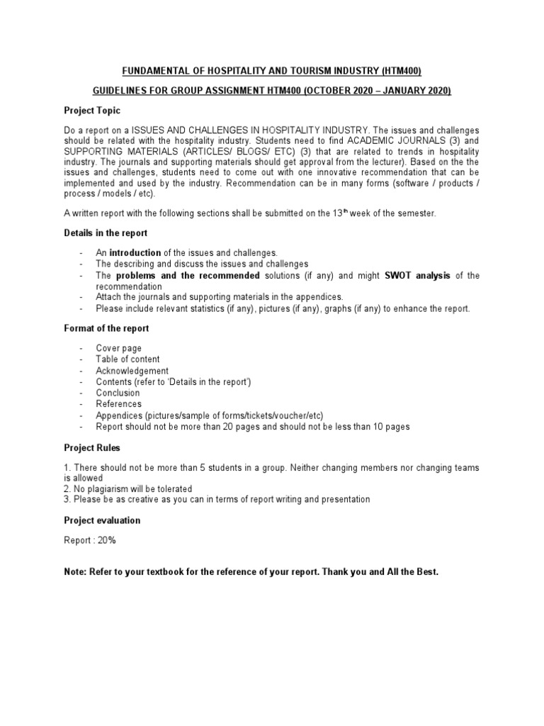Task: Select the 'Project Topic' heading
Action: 92,111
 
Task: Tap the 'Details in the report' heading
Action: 106,233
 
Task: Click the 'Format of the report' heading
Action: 106,329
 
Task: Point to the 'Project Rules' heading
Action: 92,447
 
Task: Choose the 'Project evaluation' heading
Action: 102,520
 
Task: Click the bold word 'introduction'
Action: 135,252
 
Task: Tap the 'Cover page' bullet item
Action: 119,348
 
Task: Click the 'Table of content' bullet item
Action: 128,359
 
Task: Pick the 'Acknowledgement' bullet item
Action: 132,371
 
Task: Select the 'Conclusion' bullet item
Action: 118,393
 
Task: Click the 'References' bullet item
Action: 119,404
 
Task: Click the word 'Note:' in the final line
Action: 76,571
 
